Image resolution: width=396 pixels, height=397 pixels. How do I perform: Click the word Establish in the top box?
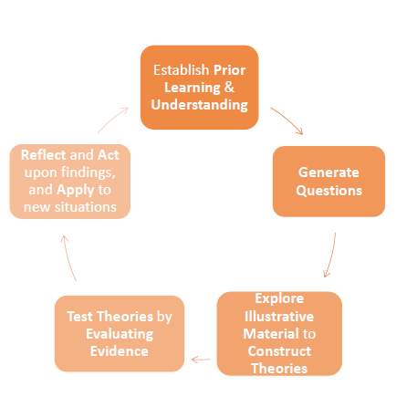181,70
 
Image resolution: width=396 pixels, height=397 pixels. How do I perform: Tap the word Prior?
229,70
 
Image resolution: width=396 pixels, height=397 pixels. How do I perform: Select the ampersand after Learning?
229,88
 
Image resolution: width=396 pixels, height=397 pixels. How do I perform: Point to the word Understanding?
200,105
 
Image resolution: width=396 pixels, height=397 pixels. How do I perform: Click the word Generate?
328,172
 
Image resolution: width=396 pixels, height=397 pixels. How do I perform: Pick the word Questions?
329,191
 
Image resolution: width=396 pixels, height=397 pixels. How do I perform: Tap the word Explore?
279,298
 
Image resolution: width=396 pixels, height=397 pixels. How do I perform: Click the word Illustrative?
279,317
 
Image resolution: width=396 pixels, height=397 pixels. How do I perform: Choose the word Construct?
279,351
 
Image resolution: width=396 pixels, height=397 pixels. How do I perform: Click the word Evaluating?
120,334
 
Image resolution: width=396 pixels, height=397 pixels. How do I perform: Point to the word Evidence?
120,351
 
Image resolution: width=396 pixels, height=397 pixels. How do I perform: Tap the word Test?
79,317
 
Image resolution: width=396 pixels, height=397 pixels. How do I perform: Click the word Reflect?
44,155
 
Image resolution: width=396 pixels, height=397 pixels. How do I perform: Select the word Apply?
76,190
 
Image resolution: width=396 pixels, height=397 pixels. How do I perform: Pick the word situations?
86,207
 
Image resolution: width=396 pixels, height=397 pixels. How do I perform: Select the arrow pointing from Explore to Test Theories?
201,360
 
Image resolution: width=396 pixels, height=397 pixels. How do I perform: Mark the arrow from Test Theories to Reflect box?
68,257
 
